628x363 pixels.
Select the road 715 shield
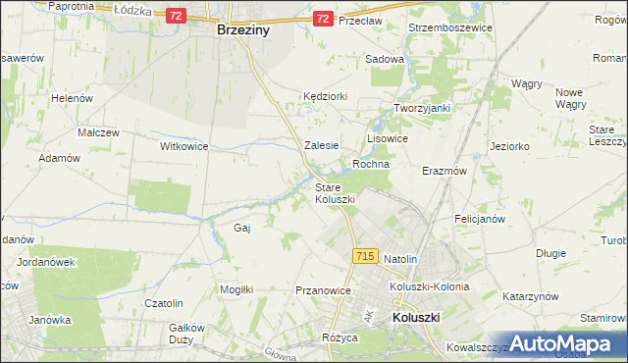364,256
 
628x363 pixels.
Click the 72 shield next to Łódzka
176,17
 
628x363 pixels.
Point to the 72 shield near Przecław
323,19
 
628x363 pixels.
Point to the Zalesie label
322,144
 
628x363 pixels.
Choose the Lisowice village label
387,139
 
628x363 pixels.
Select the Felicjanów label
485,217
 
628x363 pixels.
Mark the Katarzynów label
530,295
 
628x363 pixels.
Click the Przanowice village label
323,290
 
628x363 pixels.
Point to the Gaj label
242,228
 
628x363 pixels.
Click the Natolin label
400,258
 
